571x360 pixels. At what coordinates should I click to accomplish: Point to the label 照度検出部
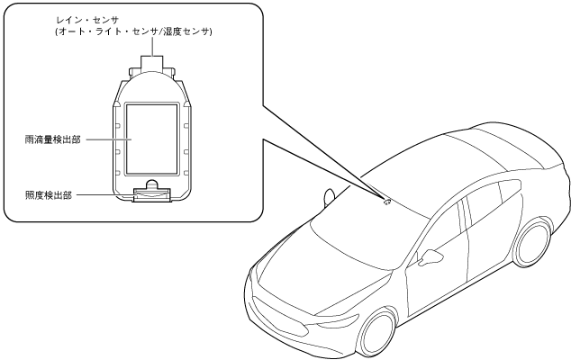point(50,194)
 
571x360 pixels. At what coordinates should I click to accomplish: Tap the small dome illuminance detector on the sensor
point(151,189)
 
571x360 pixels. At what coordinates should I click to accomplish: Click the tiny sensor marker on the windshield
point(387,201)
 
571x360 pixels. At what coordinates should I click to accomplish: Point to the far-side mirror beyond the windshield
point(329,194)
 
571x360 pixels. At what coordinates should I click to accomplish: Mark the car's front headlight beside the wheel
point(337,321)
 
